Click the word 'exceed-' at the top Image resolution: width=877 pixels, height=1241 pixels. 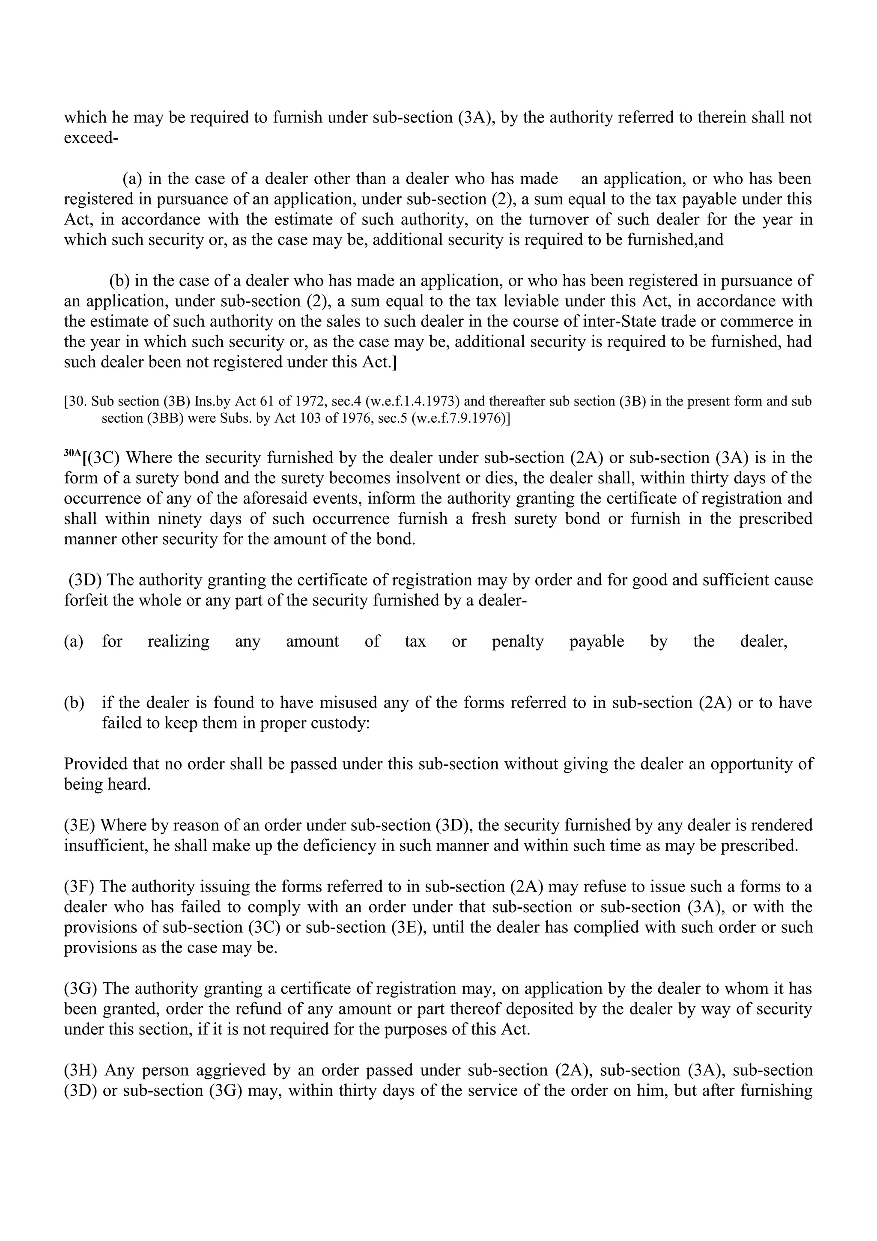91,138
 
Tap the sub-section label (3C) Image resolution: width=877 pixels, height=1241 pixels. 103,458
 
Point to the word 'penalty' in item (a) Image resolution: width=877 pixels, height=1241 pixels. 517,641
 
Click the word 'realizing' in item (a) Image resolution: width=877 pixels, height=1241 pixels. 178,641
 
